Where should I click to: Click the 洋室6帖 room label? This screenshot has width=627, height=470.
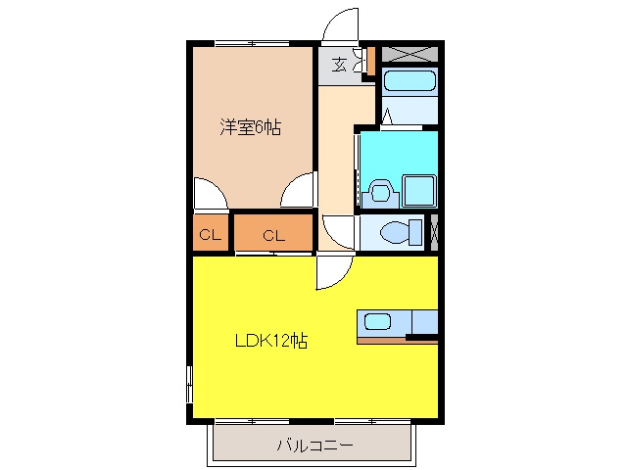pos(251,127)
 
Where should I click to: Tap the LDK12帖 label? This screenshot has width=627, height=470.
pos(271,341)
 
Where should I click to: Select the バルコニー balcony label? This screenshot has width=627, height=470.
pos(315,445)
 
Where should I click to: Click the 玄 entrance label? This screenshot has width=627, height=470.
pos(340,65)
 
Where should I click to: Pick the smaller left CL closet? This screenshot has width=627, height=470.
pos(211,233)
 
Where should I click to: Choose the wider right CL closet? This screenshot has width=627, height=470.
pos(273,233)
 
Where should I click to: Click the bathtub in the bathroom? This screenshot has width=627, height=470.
pos(410,80)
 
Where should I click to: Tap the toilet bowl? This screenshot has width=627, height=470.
pos(396,232)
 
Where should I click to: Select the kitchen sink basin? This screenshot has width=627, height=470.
pos(377,322)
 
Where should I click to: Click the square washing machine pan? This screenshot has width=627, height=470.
pos(418,191)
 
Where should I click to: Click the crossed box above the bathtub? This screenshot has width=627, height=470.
pos(410,55)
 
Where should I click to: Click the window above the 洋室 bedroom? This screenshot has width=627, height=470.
pos(252,43)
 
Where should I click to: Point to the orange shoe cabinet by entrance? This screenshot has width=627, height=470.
pos(371,61)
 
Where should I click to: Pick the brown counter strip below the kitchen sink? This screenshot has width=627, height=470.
pos(381,341)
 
